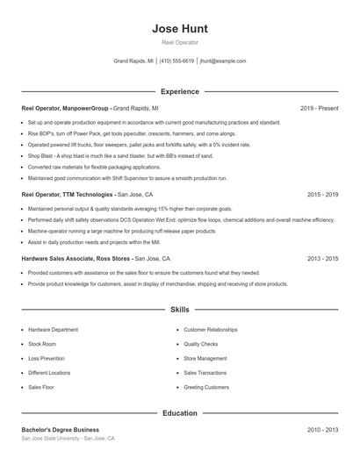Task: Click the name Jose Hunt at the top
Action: [x=179, y=28]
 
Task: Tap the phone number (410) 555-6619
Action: [x=176, y=61]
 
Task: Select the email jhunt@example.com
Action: [x=223, y=61]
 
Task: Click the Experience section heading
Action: [x=179, y=91]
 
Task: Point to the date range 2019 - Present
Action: [x=319, y=108]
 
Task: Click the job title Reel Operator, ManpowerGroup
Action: [x=66, y=108]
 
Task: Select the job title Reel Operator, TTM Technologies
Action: [x=68, y=194]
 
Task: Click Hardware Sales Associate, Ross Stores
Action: [x=77, y=259]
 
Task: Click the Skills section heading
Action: [x=179, y=310]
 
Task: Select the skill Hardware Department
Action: [x=53, y=330]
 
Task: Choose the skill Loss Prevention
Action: [x=47, y=358]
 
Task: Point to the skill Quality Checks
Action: [x=201, y=344]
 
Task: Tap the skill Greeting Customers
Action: [x=205, y=386]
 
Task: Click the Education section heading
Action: [x=179, y=412]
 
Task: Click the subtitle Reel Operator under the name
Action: [x=179, y=42]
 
